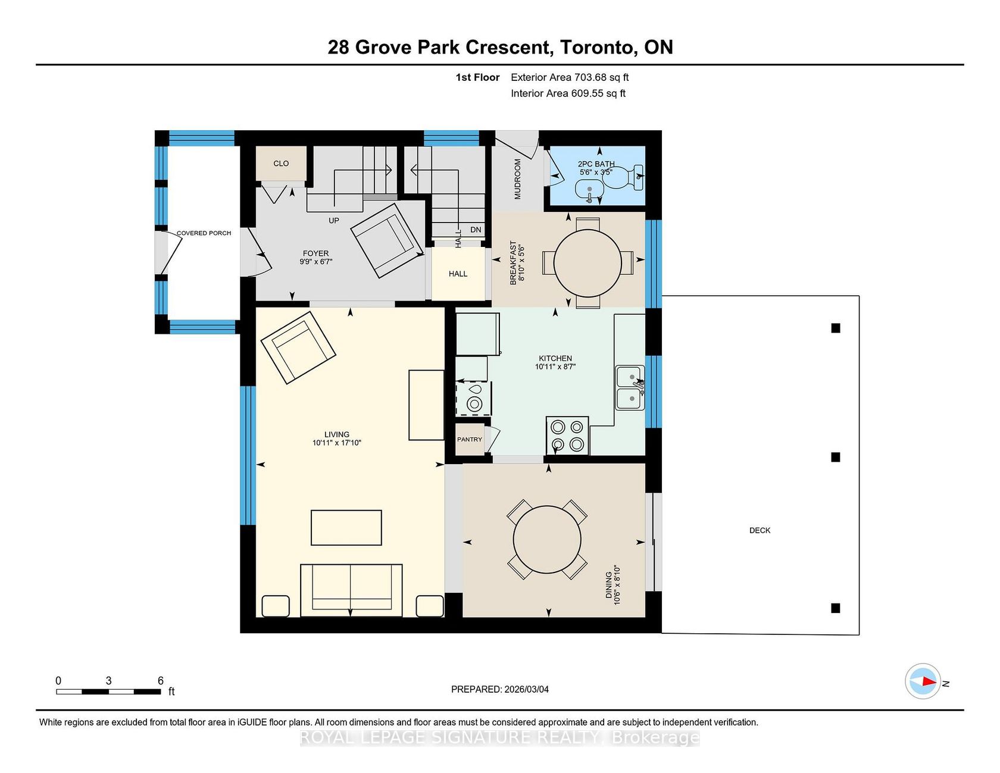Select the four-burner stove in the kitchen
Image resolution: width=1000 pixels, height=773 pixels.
pyautogui.click(x=567, y=436)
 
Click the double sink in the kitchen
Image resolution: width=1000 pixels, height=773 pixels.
pyautogui.click(x=630, y=387)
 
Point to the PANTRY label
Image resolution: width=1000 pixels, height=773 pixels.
pyautogui.click(x=470, y=440)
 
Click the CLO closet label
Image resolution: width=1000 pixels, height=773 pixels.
pyautogui.click(x=281, y=164)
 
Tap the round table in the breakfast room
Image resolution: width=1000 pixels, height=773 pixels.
pyautogui.click(x=587, y=262)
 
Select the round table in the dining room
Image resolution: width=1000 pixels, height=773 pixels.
pyautogui.click(x=547, y=540)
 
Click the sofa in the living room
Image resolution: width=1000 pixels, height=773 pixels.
pyautogui.click(x=351, y=590)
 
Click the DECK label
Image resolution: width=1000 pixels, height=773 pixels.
pyautogui.click(x=760, y=530)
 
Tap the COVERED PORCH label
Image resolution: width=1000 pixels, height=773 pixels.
pyautogui.click(x=204, y=233)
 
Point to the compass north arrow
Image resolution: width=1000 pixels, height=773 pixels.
pyautogui.click(x=923, y=681)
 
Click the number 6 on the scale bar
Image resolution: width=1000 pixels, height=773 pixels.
pyautogui.click(x=161, y=680)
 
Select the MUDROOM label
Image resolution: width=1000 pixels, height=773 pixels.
pyautogui.click(x=517, y=179)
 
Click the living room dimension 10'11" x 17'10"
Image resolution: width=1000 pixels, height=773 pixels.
pyautogui.click(x=337, y=443)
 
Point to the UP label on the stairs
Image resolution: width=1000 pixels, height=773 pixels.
pyautogui.click(x=334, y=221)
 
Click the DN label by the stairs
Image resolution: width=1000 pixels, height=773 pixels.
pyautogui.click(x=476, y=230)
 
